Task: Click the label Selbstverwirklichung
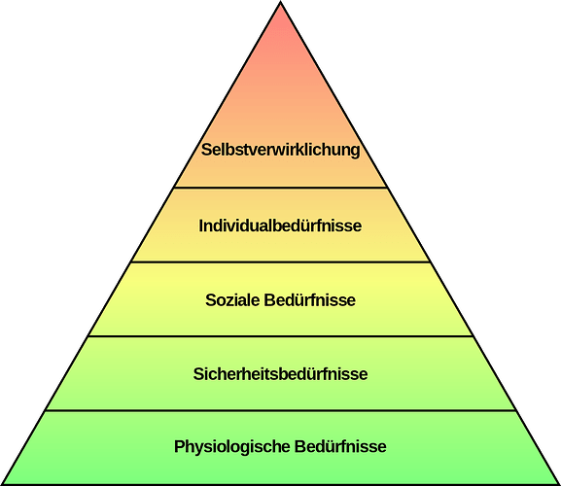pyautogui.click(x=280, y=151)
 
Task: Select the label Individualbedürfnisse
pyautogui.click(x=280, y=226)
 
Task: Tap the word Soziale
pyautogui.click(x=232, y=300)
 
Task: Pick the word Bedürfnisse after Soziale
pyautogui.click(x=310, y=300)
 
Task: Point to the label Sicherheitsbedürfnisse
pyautogui.click(x=280, y=374)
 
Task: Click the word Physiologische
pyautogui.click(x=231, y=447)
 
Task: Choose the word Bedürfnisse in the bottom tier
pyautogui.click(x=340, y=447)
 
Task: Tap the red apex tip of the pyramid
pyautogui.click(x=281, y=2)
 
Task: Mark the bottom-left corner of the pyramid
pyautogui.click(x=2, y=484)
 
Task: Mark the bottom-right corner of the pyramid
pyautogui.click(x=559, y=484)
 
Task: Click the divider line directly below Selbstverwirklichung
pyautogui.click(x=281, y=187)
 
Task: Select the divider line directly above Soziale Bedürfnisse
pyautogui.click(x=281, y=262)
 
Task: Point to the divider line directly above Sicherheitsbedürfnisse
pyautogui.click(x=281, y=336)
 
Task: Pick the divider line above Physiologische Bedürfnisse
pyautogui.click(x=281, y=410)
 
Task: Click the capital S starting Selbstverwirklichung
pyautogui.click(x=206, y=150)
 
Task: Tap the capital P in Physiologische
pyautogui.click(x=179, y=447)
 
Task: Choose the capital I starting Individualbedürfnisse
pyautogui.click(x=201, y=226)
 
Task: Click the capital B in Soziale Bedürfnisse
pyautogui.click(x=269, y=300)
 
